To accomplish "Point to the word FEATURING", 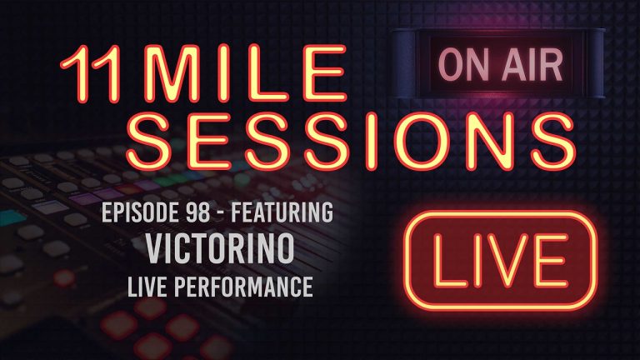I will click(282, 212).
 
